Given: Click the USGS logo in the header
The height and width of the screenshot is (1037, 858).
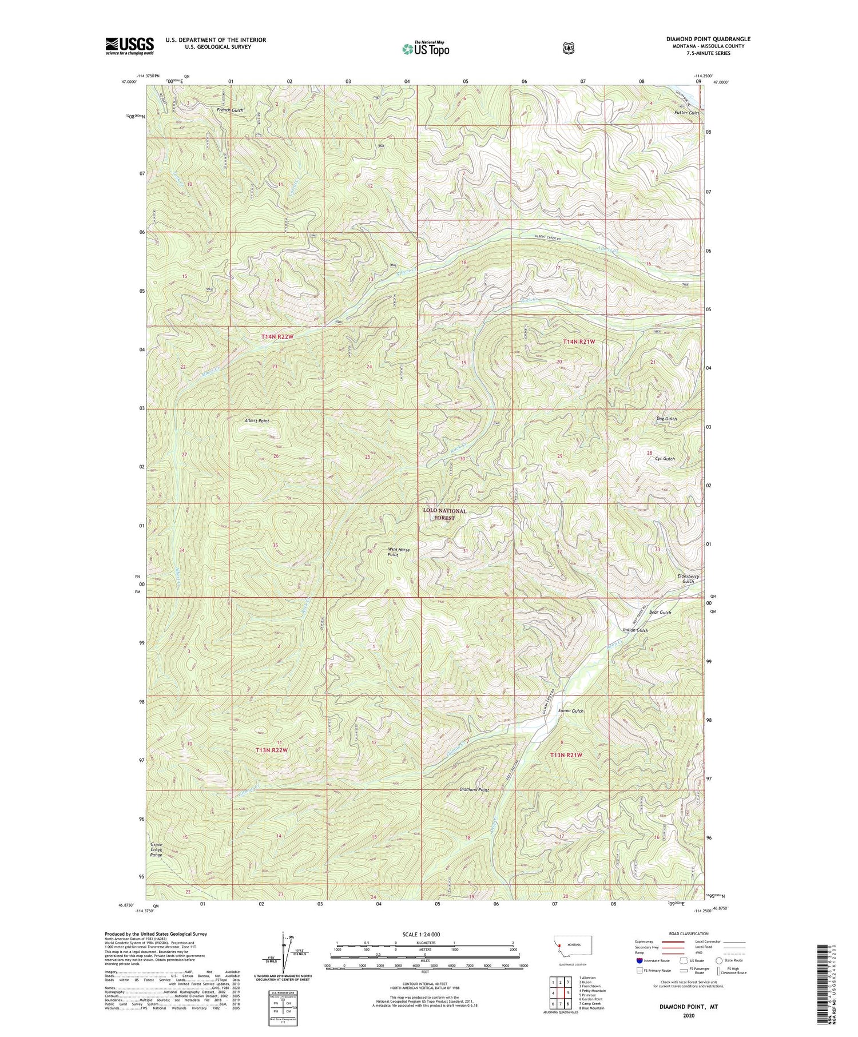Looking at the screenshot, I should (x=129, y=46).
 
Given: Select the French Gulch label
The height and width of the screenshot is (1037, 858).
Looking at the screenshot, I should (x=231, y=110).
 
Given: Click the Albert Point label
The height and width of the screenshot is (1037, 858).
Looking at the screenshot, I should (x=256, y=420).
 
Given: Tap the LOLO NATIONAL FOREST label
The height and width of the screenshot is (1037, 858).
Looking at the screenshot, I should (x=444, y=514).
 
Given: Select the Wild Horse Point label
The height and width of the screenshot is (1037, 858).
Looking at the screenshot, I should (x=399, y=552).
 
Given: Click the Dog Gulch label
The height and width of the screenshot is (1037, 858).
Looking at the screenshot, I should (x=666, y=419).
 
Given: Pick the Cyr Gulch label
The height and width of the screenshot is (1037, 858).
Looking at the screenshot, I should (x=665, y=459).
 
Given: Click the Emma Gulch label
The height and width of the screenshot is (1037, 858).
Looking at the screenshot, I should (x=570, y=711).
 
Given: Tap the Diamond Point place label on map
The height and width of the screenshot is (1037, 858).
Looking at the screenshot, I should (x=474, y=790).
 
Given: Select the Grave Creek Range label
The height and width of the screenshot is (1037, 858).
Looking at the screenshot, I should (x=157, y=849).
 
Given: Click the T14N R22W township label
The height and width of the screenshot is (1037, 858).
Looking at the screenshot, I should (x=277, y=337).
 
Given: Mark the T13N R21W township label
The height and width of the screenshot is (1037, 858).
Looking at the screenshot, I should (x=566, y=755).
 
